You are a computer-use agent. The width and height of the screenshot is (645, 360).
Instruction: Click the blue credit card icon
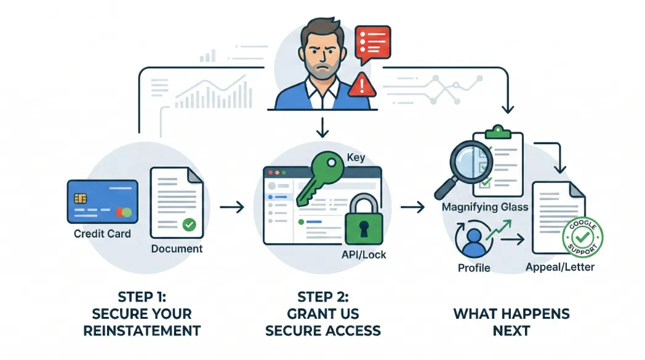tap(102, 201)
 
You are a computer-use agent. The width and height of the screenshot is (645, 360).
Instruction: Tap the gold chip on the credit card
tap(79, 198)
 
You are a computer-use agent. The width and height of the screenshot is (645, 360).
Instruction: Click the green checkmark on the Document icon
tap(190, 225)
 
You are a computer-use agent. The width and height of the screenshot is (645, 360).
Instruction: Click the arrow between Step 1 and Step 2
tap(232, 207)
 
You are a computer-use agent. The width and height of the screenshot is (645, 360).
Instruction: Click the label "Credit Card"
tap(102, 234)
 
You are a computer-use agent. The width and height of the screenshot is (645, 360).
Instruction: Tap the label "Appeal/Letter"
tap(560, 267)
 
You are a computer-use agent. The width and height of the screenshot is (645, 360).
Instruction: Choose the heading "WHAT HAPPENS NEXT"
tap(511, 322)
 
